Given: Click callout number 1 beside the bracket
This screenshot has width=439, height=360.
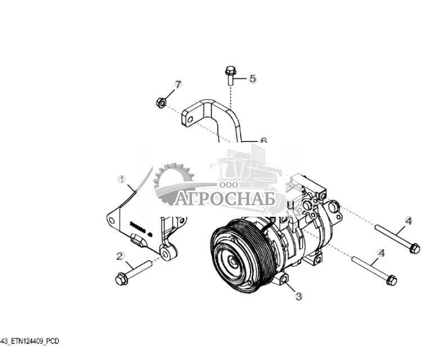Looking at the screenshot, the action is pos(121,179).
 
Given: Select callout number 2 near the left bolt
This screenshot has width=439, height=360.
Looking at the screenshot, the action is pos(120,256).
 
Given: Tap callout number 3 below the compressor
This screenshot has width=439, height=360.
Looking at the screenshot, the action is pos(298,297).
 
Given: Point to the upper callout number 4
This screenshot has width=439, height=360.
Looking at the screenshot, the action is pos(408,221).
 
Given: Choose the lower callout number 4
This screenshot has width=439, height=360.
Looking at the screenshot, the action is pos(381,253).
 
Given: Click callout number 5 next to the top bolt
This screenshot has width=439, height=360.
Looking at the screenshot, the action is pos(252,79).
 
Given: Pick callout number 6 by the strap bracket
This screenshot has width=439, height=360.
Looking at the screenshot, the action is pos(263,141).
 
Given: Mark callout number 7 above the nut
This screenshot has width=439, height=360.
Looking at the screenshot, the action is pos(178,85).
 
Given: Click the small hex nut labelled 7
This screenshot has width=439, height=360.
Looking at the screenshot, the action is pos(160,102).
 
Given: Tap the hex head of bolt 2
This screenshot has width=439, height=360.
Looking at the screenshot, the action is pos(120,279).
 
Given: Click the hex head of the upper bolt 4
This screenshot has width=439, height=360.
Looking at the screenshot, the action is pos(414,248).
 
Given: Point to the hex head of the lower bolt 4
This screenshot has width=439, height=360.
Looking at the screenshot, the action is pos(392,280).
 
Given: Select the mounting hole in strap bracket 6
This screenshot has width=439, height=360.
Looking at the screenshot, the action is pos(191,120).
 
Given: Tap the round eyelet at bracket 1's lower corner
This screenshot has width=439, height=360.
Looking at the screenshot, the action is pos(166,254).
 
